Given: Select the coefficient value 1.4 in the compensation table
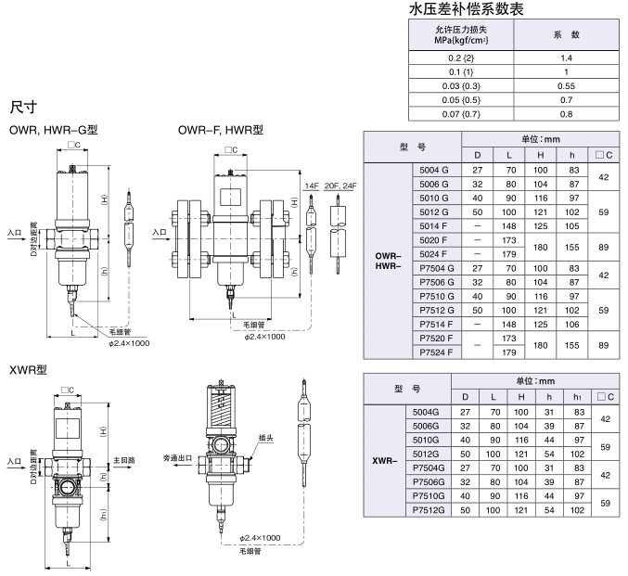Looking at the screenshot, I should click(565, 58).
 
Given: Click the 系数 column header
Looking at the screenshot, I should click(565, 35).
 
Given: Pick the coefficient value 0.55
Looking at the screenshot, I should click(565, 84).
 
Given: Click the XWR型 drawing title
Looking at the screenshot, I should click(28, 369).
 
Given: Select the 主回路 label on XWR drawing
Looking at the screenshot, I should click(123, 459).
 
